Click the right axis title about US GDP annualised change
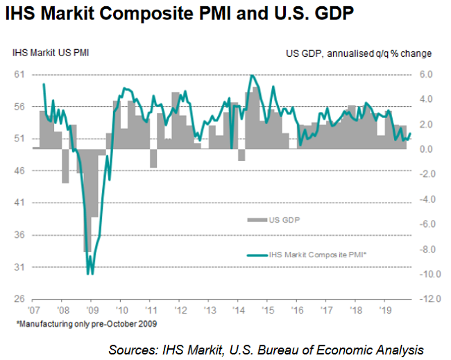click(359, 53)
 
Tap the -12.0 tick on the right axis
click(425, 299)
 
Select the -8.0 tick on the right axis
click(426, 249)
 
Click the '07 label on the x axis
click(33, 311)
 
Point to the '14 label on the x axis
click(237, 311)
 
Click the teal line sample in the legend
click(257, 256)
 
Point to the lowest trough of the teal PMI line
click(88, 273)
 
